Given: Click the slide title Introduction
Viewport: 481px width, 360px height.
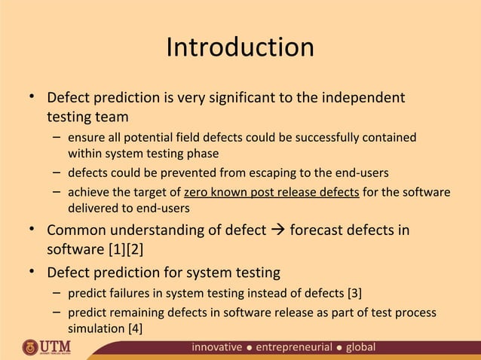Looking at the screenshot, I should [240, 48].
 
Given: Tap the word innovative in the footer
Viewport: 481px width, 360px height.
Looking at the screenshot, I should [217, 347].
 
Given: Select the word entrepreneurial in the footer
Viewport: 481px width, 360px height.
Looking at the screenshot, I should [294, 347].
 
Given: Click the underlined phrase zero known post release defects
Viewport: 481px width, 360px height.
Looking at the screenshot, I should [271, 192].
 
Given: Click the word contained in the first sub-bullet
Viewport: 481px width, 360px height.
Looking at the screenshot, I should [389, 138].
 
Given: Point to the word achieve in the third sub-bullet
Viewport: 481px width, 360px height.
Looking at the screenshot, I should [87, 192].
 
